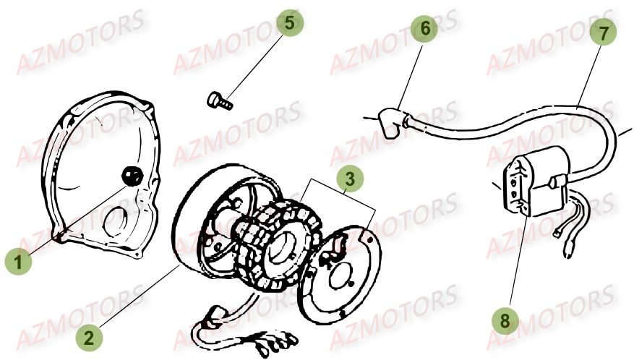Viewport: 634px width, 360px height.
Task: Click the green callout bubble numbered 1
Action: (x=18, y=262)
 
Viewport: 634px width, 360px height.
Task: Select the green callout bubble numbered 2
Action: (x=89, y=337)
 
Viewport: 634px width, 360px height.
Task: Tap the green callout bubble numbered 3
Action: (x=350, y=179)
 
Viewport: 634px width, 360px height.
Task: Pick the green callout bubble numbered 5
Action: (x=289, y=22)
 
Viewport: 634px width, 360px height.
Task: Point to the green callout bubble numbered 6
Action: (x=424, y=29)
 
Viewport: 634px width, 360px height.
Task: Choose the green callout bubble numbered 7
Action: (x=602, y=33)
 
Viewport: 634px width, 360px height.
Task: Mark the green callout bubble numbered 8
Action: (x=505, y=321)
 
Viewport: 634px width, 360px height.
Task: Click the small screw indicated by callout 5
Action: (x=220, y=100)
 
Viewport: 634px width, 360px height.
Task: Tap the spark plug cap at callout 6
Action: (x=389, y=123)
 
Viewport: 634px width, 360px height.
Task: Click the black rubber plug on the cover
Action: (x=132, y=176)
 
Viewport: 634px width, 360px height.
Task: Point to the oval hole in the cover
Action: (x=116, y=222)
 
